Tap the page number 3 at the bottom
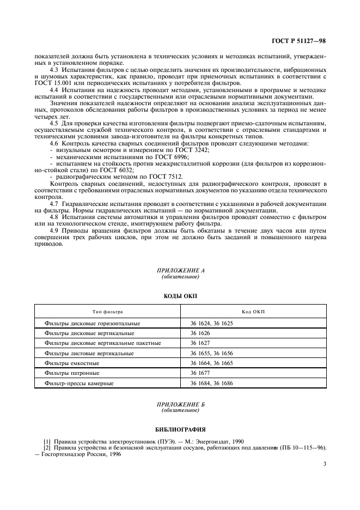(x=324, y=464)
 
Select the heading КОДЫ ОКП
(x=180, y=296)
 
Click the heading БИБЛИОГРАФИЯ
(x=180, y=429)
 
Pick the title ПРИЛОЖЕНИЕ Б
(x=180, y=404)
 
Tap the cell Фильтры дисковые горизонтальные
(x=93, y=323)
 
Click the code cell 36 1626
(x=200, y=333)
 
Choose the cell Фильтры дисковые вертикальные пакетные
(x=102, y=343)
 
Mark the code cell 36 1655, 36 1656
(x=211, y=353)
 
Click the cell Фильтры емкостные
(x=73, y=363)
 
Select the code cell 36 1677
(x=200, y=373)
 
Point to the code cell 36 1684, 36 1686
(x=211, y=384)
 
